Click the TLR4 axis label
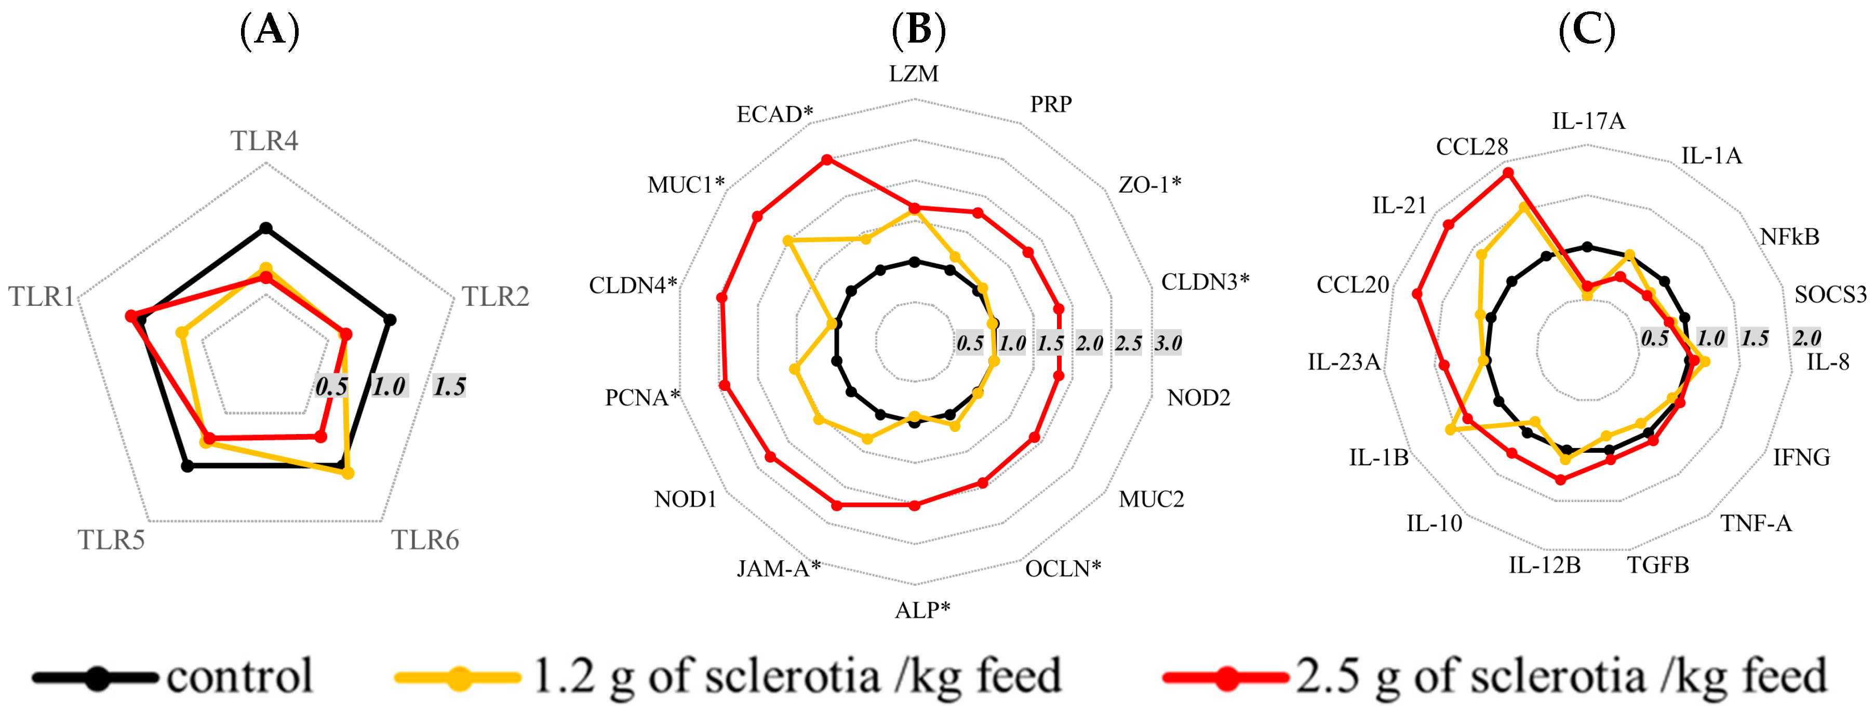[264, 140]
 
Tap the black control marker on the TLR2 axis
[390, 319]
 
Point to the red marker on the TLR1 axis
[131, 316]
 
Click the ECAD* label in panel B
[774, 114]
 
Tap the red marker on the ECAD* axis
[826, 159]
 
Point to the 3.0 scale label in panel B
[1168, 343]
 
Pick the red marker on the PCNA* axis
[725, 385]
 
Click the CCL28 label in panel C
[1471, 147]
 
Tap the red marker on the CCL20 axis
[1417, 294]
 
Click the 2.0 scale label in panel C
[1806, 337]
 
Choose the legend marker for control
[97, 678]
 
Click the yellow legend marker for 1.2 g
[458, 678]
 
